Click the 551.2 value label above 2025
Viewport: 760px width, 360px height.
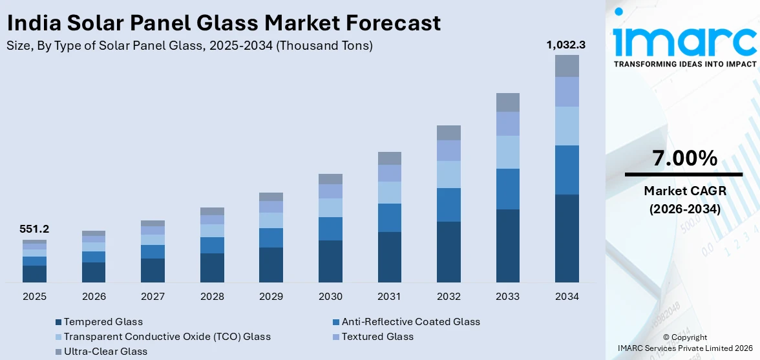(35, 229)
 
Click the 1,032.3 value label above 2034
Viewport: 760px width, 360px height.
(566, 45)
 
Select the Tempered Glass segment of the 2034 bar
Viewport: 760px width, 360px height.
(567, 238)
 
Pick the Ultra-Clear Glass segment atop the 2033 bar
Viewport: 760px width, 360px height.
(507, 102)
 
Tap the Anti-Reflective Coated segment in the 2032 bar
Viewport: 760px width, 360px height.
(449, 205)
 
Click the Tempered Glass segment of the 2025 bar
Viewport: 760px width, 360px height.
(35, 273)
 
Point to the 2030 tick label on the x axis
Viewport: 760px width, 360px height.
(330, 297)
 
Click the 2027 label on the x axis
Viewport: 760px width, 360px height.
(153, 297)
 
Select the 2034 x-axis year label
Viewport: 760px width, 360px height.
(567, 297)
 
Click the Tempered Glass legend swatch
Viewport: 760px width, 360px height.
(59, 322)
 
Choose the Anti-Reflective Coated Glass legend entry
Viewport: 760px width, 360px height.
(410, 321)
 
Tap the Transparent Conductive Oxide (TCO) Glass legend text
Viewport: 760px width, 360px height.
(167, 337)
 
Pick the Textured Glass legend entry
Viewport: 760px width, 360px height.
(377, 337)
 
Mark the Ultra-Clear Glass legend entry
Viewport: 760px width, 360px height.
(105, 352)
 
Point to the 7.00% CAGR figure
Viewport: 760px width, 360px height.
(684, 158)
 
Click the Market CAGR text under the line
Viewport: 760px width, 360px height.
(684, 191)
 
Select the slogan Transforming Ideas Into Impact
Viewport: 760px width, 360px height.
(684, 64)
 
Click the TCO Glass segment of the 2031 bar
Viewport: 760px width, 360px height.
(390, 193)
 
